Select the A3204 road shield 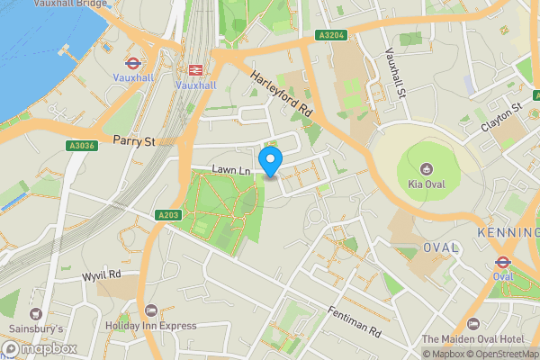click(331, 35)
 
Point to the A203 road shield click(167, 215)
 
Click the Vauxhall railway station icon click(195, 70)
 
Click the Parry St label click(135, 140)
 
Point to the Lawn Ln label click(230, 169)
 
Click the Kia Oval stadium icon click(426, 167)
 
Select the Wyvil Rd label click(102, 275)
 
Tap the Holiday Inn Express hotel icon click(149, 310)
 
